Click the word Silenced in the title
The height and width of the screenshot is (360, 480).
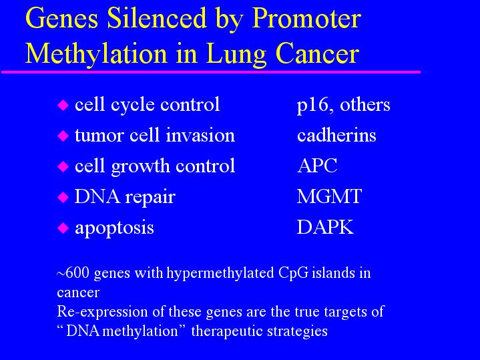coord(157,19)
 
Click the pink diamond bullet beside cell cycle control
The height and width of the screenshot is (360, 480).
coord(63,105)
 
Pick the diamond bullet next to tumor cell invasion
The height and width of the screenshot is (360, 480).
coord(63,136)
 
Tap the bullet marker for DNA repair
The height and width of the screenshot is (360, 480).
coord(63,197)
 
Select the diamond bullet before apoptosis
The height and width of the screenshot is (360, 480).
coord(63,228)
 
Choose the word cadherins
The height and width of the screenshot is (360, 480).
coord(336,135)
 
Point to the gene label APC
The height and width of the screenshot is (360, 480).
coord(317,166)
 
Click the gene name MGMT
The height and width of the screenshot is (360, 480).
coord(329,196)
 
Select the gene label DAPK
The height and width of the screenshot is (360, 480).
coord(325,227)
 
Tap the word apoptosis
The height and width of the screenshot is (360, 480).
coord(114,228)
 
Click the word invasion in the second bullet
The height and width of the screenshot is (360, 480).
coord(200,135)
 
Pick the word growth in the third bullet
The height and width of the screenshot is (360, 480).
coord(140,167)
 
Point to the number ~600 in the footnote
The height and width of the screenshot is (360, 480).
coord(73,273)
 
